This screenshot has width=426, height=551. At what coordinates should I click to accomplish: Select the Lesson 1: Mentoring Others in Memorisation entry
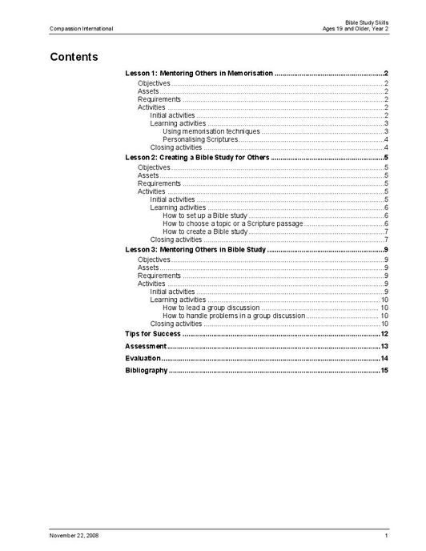[199, 73]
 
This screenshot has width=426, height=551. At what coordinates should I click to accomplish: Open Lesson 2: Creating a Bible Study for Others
[198, 158]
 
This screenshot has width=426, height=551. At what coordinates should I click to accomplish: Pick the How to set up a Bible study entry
[204, 215]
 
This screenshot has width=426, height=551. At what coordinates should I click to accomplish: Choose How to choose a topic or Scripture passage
[232, 223]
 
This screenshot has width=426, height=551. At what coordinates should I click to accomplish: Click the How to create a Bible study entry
[205, 231]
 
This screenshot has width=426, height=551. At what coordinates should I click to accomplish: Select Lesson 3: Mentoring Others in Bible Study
[195, 250]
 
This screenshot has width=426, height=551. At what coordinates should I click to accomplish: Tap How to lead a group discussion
[211, 307]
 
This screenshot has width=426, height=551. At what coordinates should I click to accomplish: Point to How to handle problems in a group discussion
[233, 315]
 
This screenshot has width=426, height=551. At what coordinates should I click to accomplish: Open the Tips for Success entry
[153, 333]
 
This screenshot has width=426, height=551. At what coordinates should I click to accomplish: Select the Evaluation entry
[143, 358]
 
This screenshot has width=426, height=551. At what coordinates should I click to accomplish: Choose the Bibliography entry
[147, 370]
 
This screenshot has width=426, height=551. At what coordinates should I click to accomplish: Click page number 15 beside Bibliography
[384, 370]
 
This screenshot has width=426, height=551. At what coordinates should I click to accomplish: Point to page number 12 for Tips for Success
[384, 333]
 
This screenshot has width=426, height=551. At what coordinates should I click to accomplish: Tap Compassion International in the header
[81, 29]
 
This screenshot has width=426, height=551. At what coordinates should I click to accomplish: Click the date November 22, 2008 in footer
[74, 534]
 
